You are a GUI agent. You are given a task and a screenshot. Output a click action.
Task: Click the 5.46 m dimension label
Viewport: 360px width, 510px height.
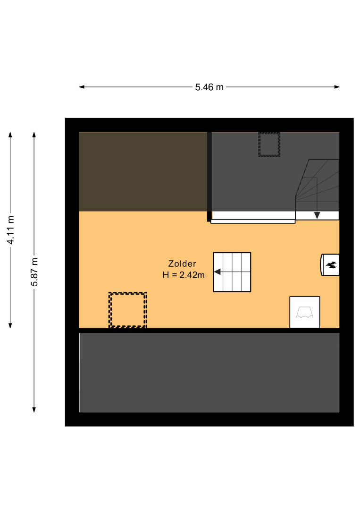click(209, 87)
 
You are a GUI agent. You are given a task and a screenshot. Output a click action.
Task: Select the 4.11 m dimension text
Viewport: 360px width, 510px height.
click(11, 229)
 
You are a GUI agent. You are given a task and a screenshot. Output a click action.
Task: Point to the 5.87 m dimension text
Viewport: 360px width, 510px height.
click(34, 272)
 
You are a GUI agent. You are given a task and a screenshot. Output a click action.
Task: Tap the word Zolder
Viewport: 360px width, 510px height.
click(182, 264)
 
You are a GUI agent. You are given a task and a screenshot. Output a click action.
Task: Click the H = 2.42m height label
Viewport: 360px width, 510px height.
click(184, 275)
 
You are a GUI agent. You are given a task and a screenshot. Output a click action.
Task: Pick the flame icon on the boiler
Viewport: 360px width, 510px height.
click(331, 265)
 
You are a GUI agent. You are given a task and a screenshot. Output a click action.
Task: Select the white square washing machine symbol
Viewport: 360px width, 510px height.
click(305, 312)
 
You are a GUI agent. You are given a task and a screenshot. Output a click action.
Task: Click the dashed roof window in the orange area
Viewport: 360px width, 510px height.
click(128, 310)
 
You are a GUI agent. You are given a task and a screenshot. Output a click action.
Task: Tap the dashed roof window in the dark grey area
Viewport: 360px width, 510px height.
click(269, 144)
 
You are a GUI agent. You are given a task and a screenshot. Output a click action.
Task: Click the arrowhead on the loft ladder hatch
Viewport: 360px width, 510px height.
click(218, 272)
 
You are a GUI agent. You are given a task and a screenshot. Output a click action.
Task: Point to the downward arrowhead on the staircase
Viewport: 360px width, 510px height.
click(317, 215)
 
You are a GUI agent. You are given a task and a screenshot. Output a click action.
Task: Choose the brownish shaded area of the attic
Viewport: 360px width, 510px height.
click(143, 172)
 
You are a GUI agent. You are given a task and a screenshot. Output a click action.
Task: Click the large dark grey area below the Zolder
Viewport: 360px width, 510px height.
click(209, 373)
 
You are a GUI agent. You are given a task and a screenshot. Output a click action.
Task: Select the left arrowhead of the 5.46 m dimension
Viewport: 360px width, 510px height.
click(82, 87)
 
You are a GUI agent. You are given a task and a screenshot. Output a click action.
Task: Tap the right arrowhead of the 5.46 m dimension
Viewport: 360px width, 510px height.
click(337, 87)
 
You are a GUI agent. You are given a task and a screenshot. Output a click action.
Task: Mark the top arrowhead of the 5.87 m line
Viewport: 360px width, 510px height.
click(34, 135)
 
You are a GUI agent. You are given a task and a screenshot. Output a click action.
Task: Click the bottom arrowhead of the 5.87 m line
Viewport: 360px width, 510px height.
click(34, 409)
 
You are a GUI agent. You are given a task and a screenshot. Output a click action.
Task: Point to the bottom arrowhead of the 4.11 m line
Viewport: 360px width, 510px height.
click(10, 325)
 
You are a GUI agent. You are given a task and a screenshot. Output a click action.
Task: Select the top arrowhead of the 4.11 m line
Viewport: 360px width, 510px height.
click(10, 135)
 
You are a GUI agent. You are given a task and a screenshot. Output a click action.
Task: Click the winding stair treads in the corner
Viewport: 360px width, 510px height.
click(317, 185)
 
